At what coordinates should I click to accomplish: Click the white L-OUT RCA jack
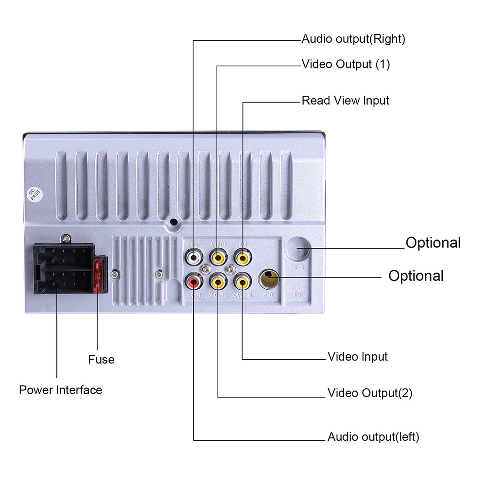click(194, 257)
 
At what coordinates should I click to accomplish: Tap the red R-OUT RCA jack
click(194, 280)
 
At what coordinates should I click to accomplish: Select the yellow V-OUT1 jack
click(218, 257)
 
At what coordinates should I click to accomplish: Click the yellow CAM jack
click(242, 257)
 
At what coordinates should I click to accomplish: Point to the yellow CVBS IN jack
click(242, 280)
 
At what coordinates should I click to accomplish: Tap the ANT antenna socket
click(269, 279)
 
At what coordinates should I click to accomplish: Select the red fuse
click(99, 276)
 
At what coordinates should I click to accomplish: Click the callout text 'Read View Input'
click(346, 101)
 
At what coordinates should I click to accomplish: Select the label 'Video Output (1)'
click(346, 64)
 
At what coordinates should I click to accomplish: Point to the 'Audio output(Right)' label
click(353, 39)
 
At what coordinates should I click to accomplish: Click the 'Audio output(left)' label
click(373, 437)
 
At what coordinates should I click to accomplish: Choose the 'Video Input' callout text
click(357, 357)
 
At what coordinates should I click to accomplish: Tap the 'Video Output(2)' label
click(369, 393)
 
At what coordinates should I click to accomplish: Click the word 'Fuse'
click(101, 360)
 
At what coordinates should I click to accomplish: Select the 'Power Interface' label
click(61, 390)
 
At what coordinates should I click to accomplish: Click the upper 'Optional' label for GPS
click(433, 243)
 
